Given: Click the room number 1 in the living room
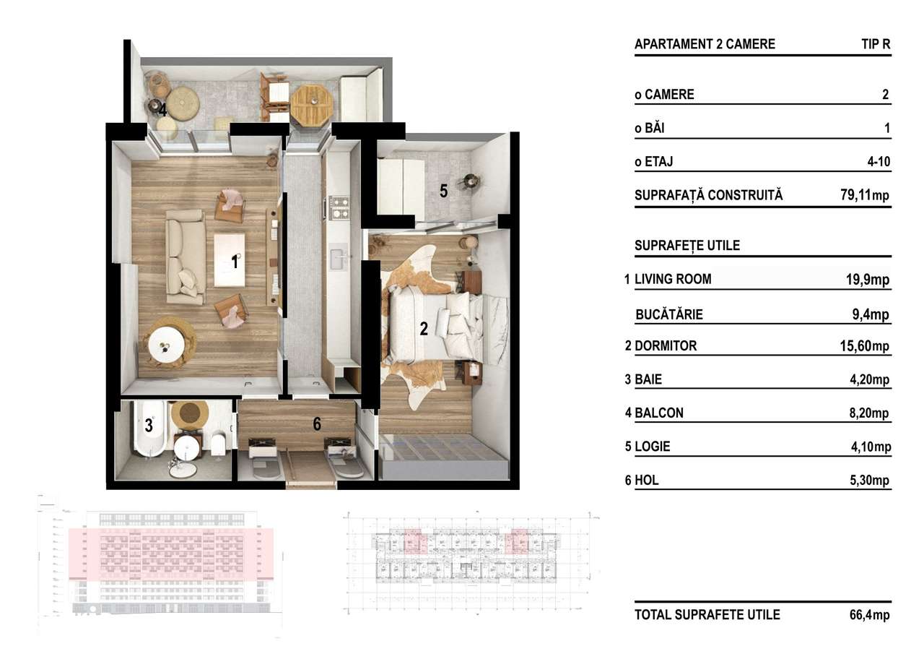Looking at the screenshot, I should [x=235, y=262].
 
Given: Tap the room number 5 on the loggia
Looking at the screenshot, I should [x=444, y=192].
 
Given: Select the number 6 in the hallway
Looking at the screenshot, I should [x=317, y=425].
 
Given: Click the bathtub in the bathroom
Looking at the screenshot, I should [x=149, y=432].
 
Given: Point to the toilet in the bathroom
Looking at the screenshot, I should [x=217, y=442].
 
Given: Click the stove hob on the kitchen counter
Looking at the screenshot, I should [x=339, y=207].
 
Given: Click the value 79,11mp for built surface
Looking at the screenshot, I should [x=860, y=195].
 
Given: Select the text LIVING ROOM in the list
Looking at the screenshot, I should [x=673, y=279].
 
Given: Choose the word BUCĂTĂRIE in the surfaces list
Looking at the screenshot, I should [x=669, y=314].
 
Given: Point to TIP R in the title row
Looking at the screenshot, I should [x=876, y=44].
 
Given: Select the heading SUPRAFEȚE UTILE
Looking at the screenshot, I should [x=687, y=246].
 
